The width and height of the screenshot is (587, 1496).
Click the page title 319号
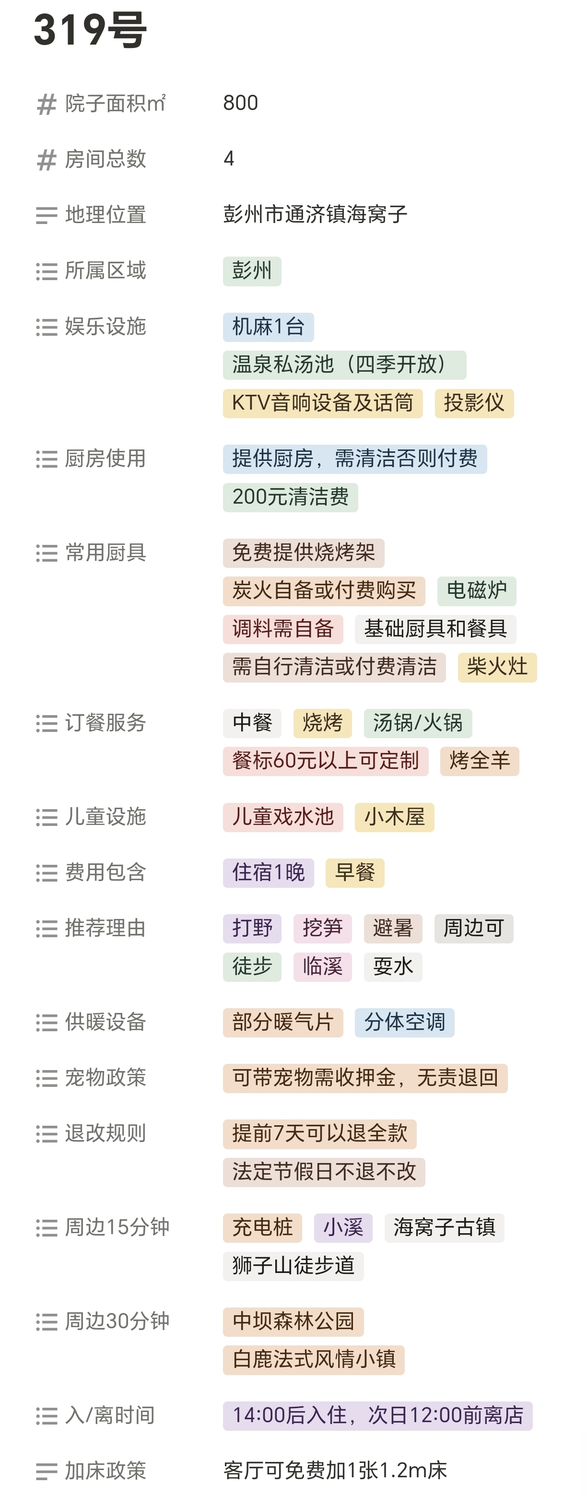(x=90, y=30)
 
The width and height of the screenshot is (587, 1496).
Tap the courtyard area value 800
(x=240, y=103)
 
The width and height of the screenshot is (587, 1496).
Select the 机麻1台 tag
(x=268, y=327)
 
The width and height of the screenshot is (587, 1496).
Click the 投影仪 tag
(x=474, y=403)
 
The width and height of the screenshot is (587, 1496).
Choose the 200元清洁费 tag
(x=290, y=497)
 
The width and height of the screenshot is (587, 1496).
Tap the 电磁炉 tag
(x=476, y=590)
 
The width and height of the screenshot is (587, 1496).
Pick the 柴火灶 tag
(x=497, y=667)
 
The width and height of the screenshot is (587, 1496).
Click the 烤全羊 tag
(x=480, y=761)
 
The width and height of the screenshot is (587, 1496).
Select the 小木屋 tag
(x=394, y=817)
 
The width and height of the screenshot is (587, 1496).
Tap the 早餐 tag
(x=355, y=873)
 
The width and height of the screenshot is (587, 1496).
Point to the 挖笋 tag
(x=322, y=928)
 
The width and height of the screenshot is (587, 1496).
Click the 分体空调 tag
(x=404, y=1022)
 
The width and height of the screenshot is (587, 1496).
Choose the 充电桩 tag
(x=262, y=1228)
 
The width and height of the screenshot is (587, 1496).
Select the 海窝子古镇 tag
(x=444, y=1228)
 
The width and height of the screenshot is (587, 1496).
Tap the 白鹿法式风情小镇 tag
(x=314, y=1359)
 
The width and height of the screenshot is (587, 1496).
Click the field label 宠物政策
(x=105, y=1078)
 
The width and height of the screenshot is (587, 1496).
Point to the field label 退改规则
(x=105, y=1133)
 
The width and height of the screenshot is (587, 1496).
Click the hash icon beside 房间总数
(x=47, y=159)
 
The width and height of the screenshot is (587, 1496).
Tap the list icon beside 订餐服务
(x=47, y=724)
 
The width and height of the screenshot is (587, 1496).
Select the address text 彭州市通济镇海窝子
(x=315, y=215)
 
